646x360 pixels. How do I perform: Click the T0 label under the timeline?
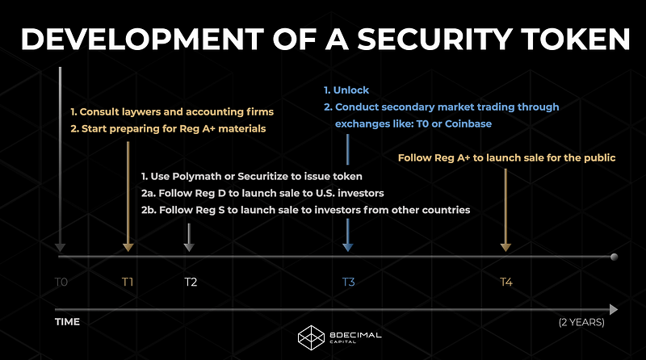click(x=61, y=283)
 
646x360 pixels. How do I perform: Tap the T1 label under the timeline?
click(x=128, y=283)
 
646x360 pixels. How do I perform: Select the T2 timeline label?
click(x=191, y=283)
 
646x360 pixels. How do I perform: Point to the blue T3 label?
click(x=348, y=283)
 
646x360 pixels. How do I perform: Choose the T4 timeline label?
click(x=506, y=283)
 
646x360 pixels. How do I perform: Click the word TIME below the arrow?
click(x=67, y=322)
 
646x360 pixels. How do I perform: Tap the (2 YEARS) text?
click(x=581, y=322)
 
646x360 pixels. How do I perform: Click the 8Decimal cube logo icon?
click(x=311, y=337)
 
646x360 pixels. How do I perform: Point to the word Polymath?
click(x=197, y=177)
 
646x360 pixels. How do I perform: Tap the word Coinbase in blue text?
click(x=468, y=124)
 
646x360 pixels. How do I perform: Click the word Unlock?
click(x=351, y=90)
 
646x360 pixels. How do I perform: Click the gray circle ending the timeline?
click(x=614, y=257)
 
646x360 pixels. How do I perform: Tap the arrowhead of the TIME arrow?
click(x=614, y=309)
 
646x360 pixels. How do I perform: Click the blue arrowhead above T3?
click(x=348, y=247)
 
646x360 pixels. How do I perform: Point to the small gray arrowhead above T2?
click(x=189, y=247)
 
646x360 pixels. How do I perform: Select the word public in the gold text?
click(x=601, y=157)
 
